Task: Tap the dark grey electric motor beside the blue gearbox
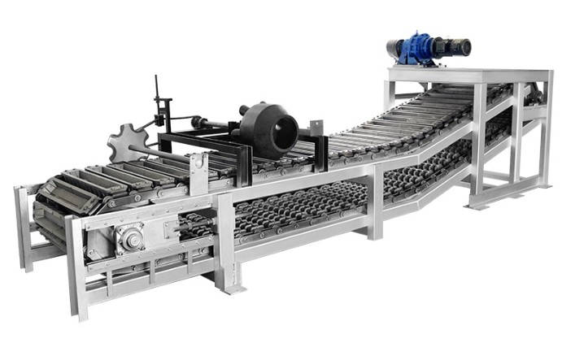[455, 47]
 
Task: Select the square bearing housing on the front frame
[129, 239]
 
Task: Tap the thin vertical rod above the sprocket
[158, 98]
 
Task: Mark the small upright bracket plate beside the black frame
[198, 171]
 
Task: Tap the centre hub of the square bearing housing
[129, 239]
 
